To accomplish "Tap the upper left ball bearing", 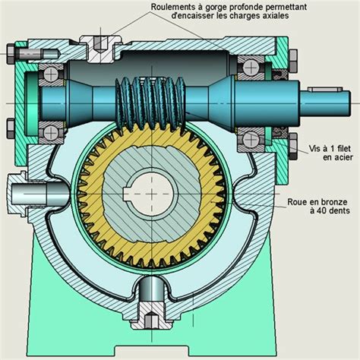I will click(51, 73).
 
